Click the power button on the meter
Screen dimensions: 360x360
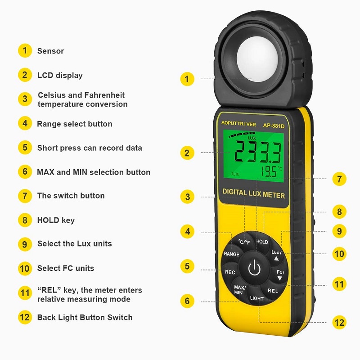point(254,269)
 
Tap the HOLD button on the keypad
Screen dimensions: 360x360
point(262,242)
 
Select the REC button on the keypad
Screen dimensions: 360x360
point(230,272)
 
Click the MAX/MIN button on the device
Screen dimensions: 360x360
point(238,289)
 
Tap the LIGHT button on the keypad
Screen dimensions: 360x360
point(257,298)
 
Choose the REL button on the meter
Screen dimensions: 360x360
point(273,291)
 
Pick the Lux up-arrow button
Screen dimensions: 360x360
point(276,255)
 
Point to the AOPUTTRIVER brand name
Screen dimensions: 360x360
point(238,124)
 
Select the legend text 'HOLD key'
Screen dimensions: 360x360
point(56,220)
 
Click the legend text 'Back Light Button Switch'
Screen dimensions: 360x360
point(85,317)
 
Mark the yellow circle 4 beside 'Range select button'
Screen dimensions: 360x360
point(25,123)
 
